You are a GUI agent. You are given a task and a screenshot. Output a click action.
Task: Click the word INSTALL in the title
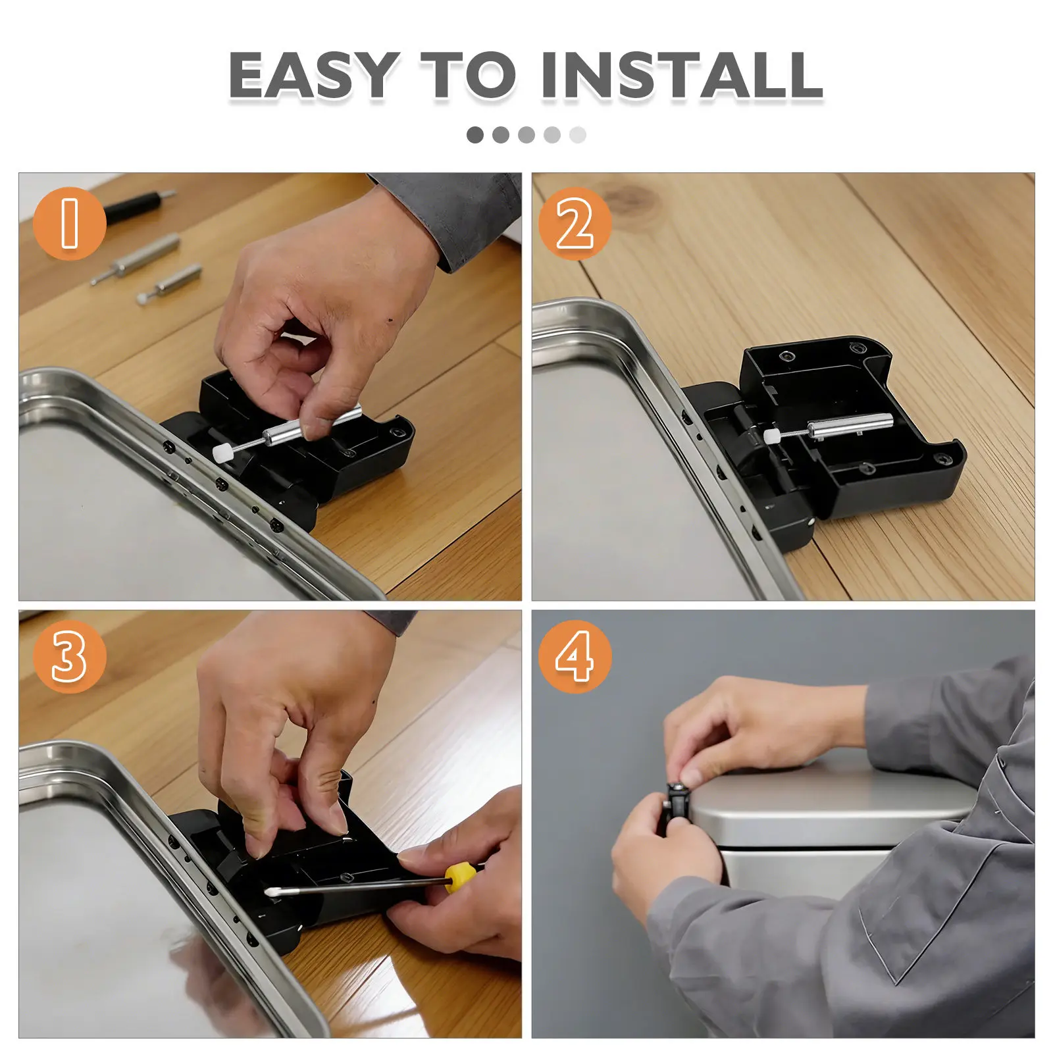(682, 75)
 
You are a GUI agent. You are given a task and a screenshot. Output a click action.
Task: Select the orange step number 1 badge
(69, 223)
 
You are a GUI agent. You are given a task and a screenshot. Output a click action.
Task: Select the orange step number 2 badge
(575, 223)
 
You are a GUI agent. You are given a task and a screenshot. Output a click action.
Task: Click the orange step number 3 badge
(69, 657)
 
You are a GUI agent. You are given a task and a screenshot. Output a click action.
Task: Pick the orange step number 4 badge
(575, 657)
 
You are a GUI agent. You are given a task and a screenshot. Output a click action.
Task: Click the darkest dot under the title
(475, 135)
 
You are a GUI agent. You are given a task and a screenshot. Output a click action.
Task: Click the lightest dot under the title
(578, 135)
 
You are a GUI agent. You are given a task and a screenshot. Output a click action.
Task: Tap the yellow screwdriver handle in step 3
(460, 877)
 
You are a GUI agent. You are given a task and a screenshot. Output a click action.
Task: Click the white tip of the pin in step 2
(770, 435)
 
